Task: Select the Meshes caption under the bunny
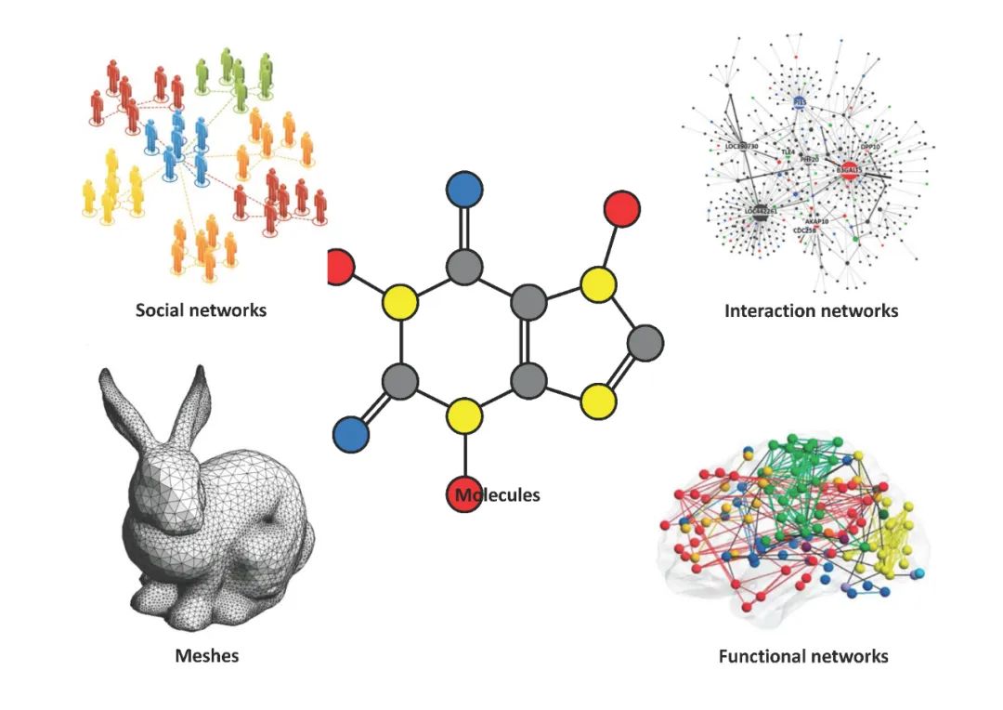coord(207,655)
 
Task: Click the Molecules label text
coord(499,494)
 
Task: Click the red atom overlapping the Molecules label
coord(464,494)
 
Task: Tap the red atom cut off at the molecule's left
coord(341,268)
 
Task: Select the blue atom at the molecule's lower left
coord(350,432)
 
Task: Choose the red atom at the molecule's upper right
coord(621,208)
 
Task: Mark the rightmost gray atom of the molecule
coord(645,342)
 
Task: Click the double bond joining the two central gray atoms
coord(528,340)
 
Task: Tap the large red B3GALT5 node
coord(849,171)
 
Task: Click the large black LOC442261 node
coord(759,211)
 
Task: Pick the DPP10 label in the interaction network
coord(870,147)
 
